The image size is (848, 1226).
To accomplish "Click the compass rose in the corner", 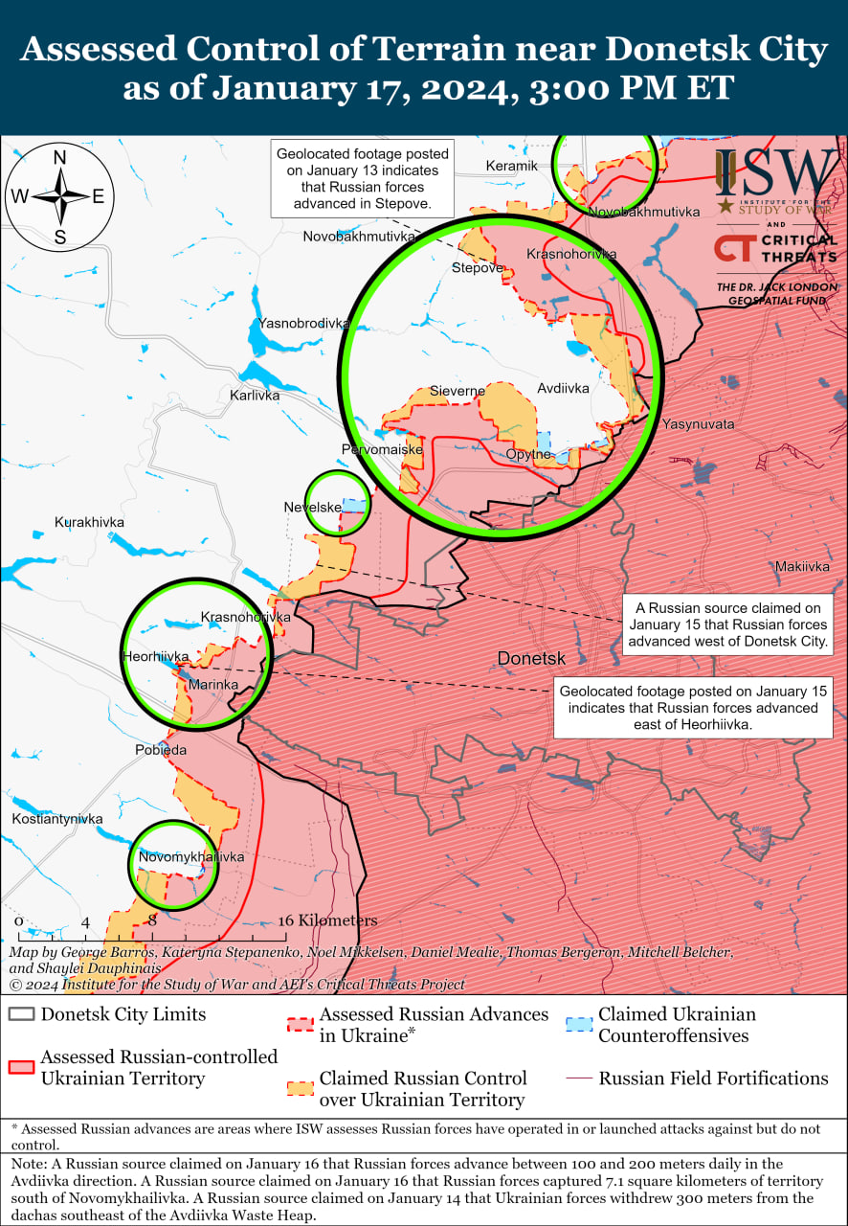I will pos(59,196).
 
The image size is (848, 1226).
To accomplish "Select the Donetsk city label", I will pos(531,659).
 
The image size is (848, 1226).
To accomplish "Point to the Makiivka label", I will pos(802,566).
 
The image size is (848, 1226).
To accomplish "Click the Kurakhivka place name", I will pos(89,522).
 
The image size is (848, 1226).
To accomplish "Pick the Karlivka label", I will pos(255,395).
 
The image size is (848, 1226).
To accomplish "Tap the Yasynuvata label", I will pos(698,423).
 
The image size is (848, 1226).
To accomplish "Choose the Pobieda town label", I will pos(160,750).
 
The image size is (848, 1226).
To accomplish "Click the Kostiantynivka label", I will pos(56,819).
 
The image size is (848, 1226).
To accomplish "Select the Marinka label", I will pos(212,685).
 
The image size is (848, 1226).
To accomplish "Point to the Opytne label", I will pos(528,454).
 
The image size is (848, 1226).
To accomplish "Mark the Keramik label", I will pos(511,166).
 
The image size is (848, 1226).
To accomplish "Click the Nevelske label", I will pos(312,507).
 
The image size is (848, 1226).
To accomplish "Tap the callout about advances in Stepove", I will pos(359,179).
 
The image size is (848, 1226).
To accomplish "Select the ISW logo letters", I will pos(776,172).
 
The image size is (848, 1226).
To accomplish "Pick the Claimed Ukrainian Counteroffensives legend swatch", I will pos(577,1024).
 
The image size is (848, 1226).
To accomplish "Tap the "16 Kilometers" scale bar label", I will pos(327,920).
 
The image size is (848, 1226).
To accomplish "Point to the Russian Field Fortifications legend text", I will pos(713,1078).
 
